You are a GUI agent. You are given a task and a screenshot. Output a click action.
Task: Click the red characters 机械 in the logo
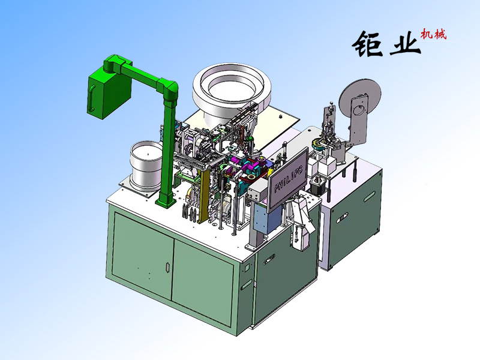(x=433, y=34)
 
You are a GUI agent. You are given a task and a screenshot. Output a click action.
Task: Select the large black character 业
(x=404, y=43)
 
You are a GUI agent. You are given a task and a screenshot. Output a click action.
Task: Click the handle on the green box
(x=91, y=98)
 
